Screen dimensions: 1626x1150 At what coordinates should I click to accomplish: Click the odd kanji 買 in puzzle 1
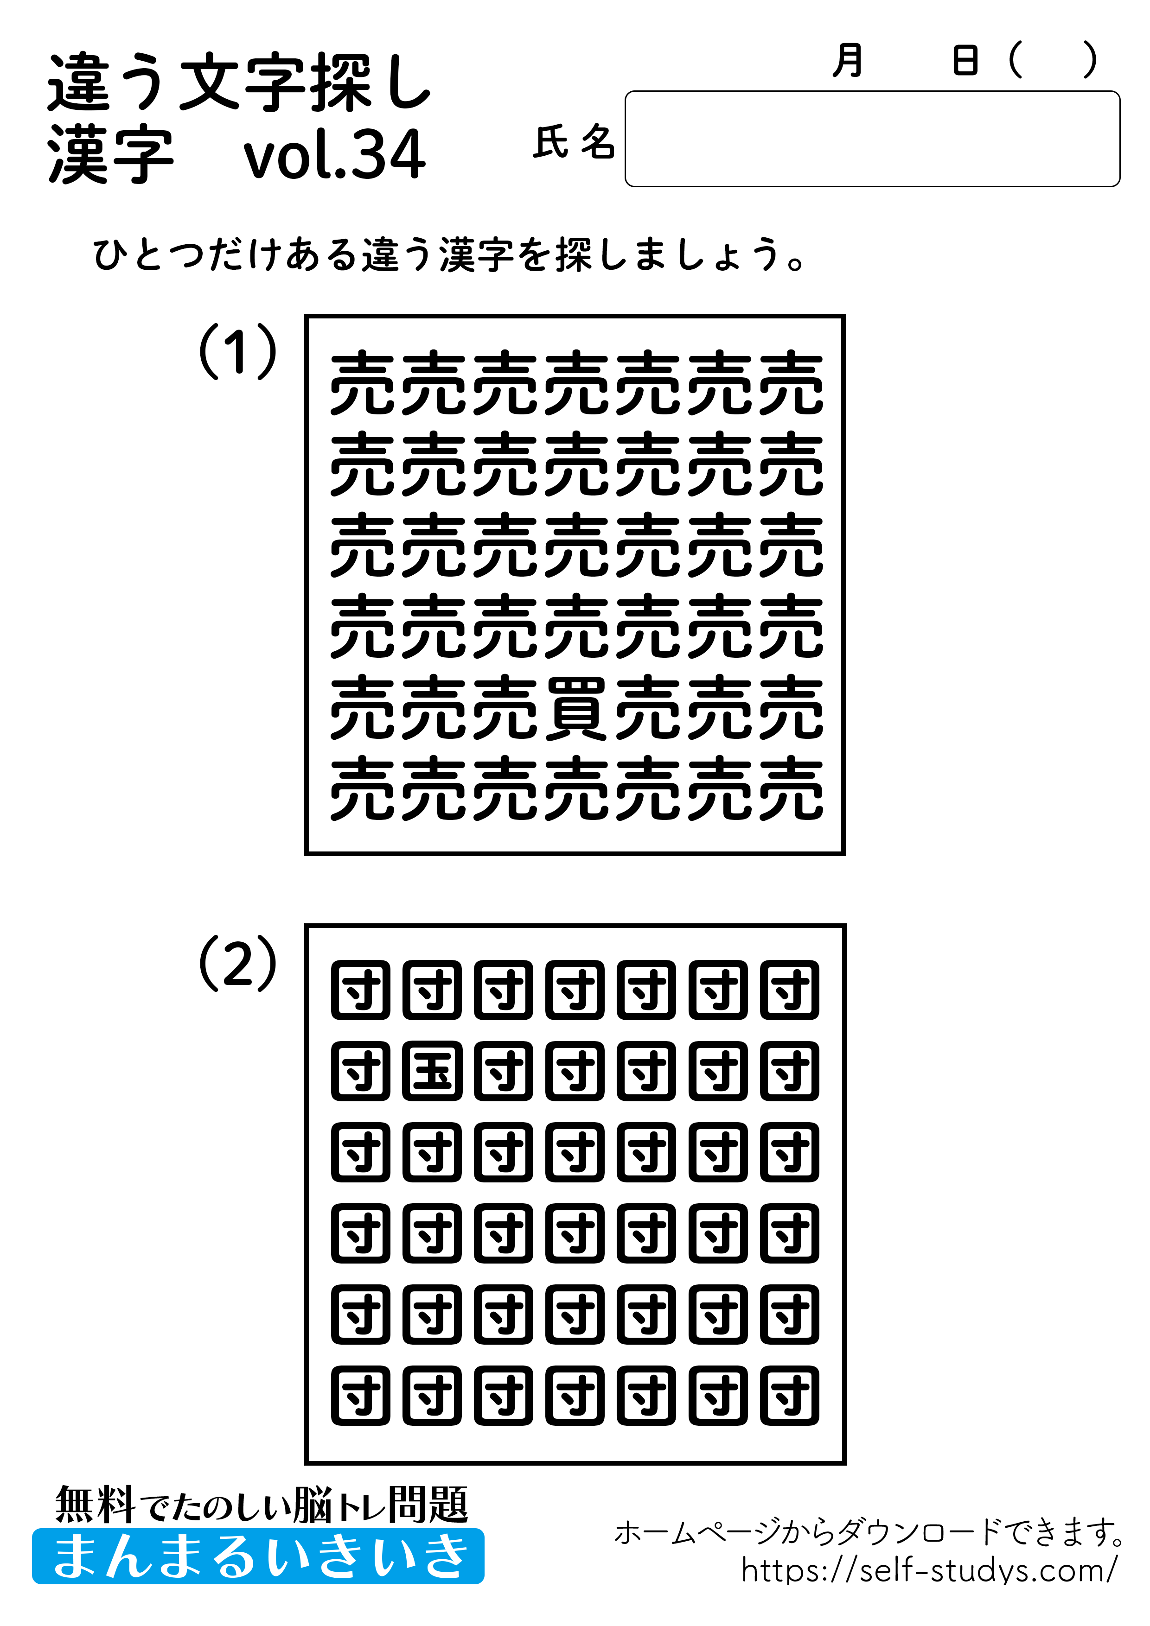click(575, 707)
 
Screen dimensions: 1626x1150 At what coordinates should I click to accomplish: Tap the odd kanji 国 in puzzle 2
click(432, 1071)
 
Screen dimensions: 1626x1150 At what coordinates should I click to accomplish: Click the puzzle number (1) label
click(237, 352)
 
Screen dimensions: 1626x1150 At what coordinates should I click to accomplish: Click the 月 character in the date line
click(848, 60)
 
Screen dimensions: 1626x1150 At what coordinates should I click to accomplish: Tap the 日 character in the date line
click(965, 60)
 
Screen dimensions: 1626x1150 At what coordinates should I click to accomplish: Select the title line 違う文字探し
click(239, 83)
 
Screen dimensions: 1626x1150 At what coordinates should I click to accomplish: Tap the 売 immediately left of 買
click(505, 707)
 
